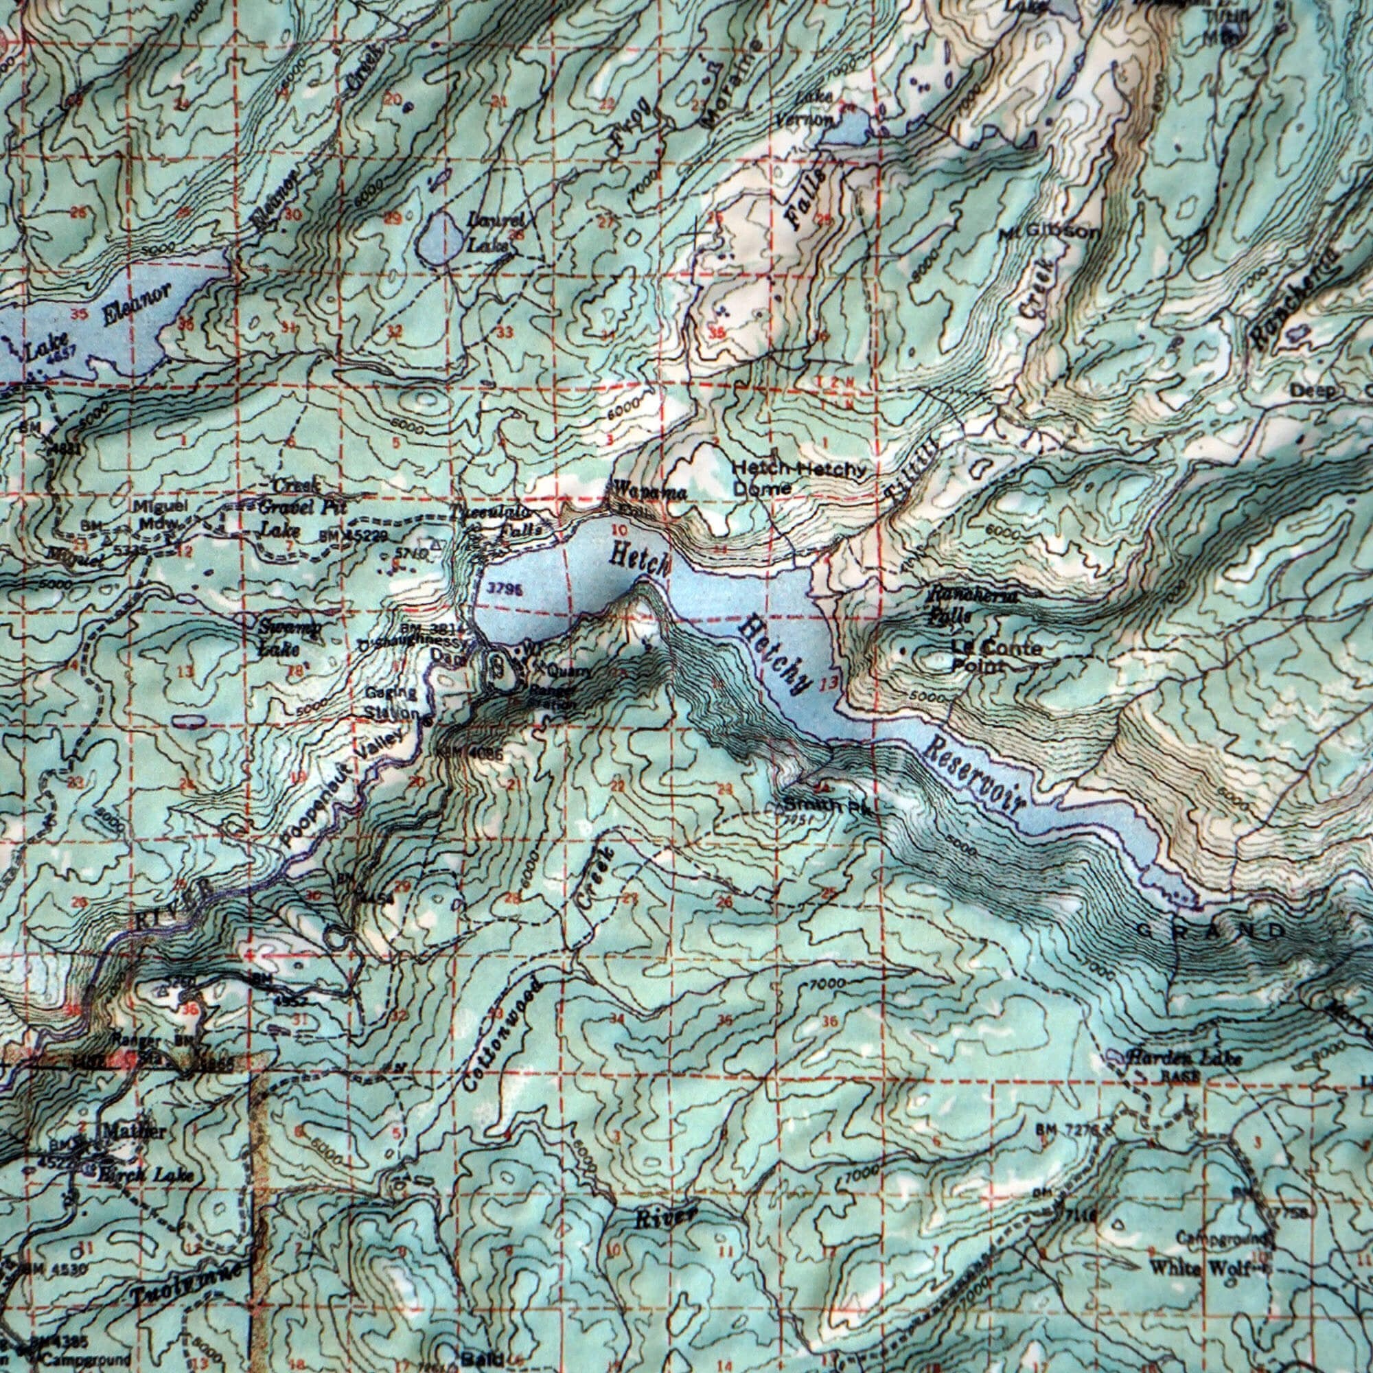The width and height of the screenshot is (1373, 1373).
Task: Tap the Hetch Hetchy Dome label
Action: click(x=798, y=478)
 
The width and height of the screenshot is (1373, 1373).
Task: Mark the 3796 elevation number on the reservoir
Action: click(x=506, y=589)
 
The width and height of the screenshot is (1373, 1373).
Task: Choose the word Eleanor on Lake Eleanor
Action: click(x=137, y=303)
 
